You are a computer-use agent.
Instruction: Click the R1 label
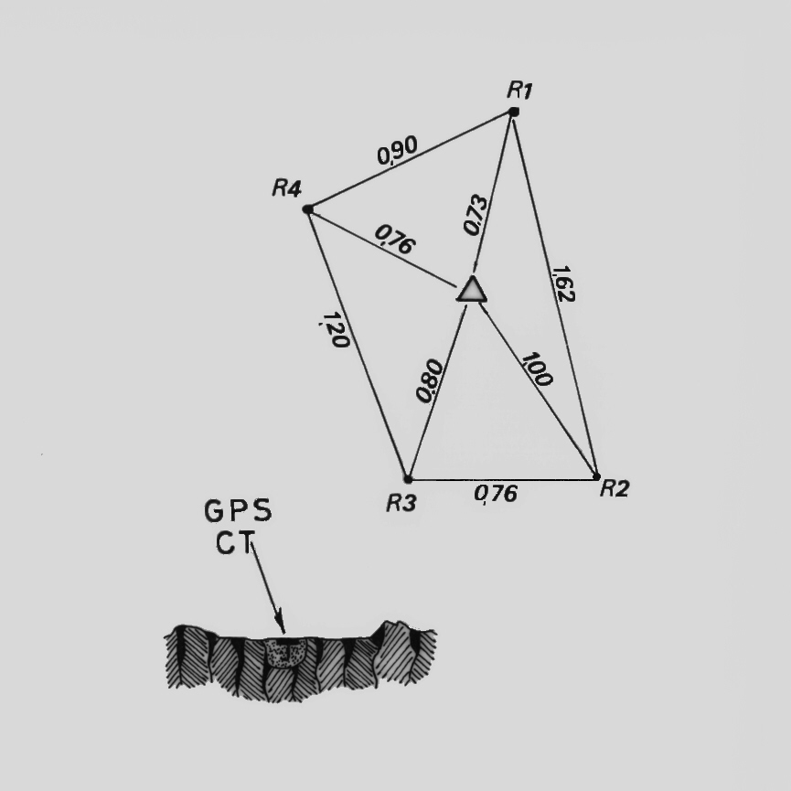click(519, 91)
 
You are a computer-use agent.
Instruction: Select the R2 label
click(615, 488)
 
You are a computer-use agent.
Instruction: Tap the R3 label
click(401, 503)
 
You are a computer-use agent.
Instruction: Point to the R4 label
click(287, 188)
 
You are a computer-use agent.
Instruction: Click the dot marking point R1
click(514, 112)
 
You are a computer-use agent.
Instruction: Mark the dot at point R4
click(308, 208)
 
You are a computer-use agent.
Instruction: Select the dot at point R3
click(408, 479)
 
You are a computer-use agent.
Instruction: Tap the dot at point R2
click(596, 476)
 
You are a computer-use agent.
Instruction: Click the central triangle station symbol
click(472, 290)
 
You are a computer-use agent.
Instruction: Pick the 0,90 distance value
click(398, 151)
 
